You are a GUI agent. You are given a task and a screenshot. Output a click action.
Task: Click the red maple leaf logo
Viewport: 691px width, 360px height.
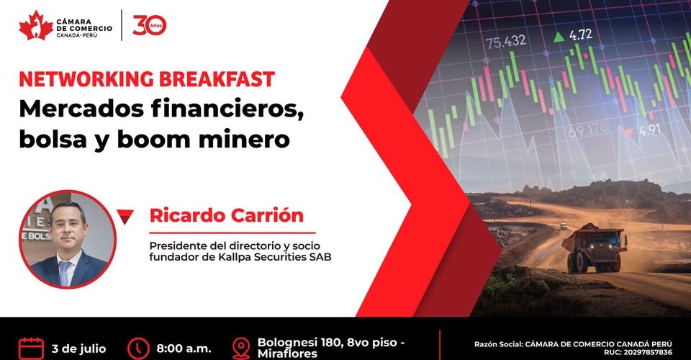36,26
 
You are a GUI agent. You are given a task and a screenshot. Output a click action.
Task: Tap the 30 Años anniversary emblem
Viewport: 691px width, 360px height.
150,25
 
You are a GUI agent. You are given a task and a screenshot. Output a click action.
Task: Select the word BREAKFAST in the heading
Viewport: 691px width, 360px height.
217,79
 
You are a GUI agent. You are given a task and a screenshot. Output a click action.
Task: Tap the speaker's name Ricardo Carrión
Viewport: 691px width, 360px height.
227,215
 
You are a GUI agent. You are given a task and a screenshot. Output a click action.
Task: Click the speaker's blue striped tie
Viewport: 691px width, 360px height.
65,273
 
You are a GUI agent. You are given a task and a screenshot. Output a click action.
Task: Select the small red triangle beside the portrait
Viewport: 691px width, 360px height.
125,216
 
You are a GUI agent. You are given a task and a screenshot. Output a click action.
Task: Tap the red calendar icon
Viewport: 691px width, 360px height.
31,348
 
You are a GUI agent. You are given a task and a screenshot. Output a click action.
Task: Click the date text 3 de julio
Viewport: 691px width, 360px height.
79,349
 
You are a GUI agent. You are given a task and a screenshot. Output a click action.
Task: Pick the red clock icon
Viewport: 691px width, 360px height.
138,348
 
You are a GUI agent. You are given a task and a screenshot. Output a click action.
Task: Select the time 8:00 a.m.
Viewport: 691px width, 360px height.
184,349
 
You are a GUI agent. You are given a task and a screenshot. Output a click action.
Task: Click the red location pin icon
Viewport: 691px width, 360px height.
241,349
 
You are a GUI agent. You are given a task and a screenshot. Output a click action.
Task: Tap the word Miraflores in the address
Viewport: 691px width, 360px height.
287,354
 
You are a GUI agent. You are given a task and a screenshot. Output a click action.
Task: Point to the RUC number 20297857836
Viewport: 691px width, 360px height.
647,353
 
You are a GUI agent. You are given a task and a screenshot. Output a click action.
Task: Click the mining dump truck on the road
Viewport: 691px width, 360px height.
595,248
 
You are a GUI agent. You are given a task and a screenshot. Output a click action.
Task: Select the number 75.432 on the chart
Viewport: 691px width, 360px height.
506,42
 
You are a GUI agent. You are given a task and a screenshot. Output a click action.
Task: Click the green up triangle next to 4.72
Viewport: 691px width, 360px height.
559,37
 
